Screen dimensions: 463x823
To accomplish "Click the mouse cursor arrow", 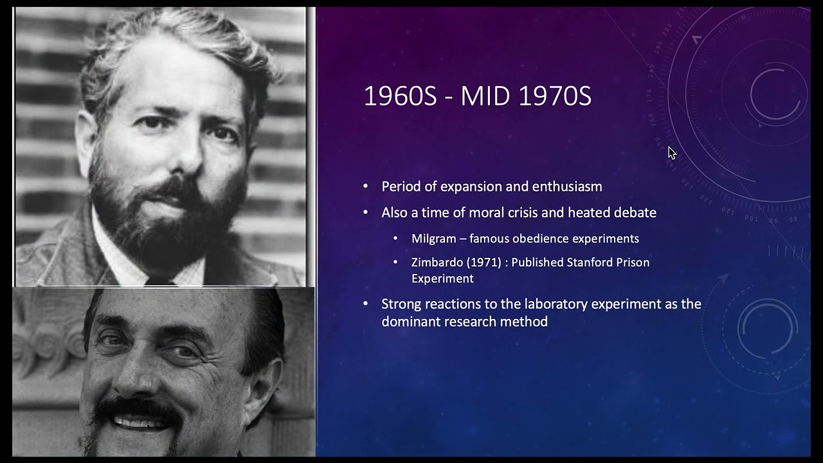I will tap(671, 152).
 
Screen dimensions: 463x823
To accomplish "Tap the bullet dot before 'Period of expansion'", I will tap(366, 186).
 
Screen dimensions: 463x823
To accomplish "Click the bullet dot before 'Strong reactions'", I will tap(366, 304).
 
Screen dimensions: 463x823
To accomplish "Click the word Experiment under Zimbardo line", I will tap(442, 278).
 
